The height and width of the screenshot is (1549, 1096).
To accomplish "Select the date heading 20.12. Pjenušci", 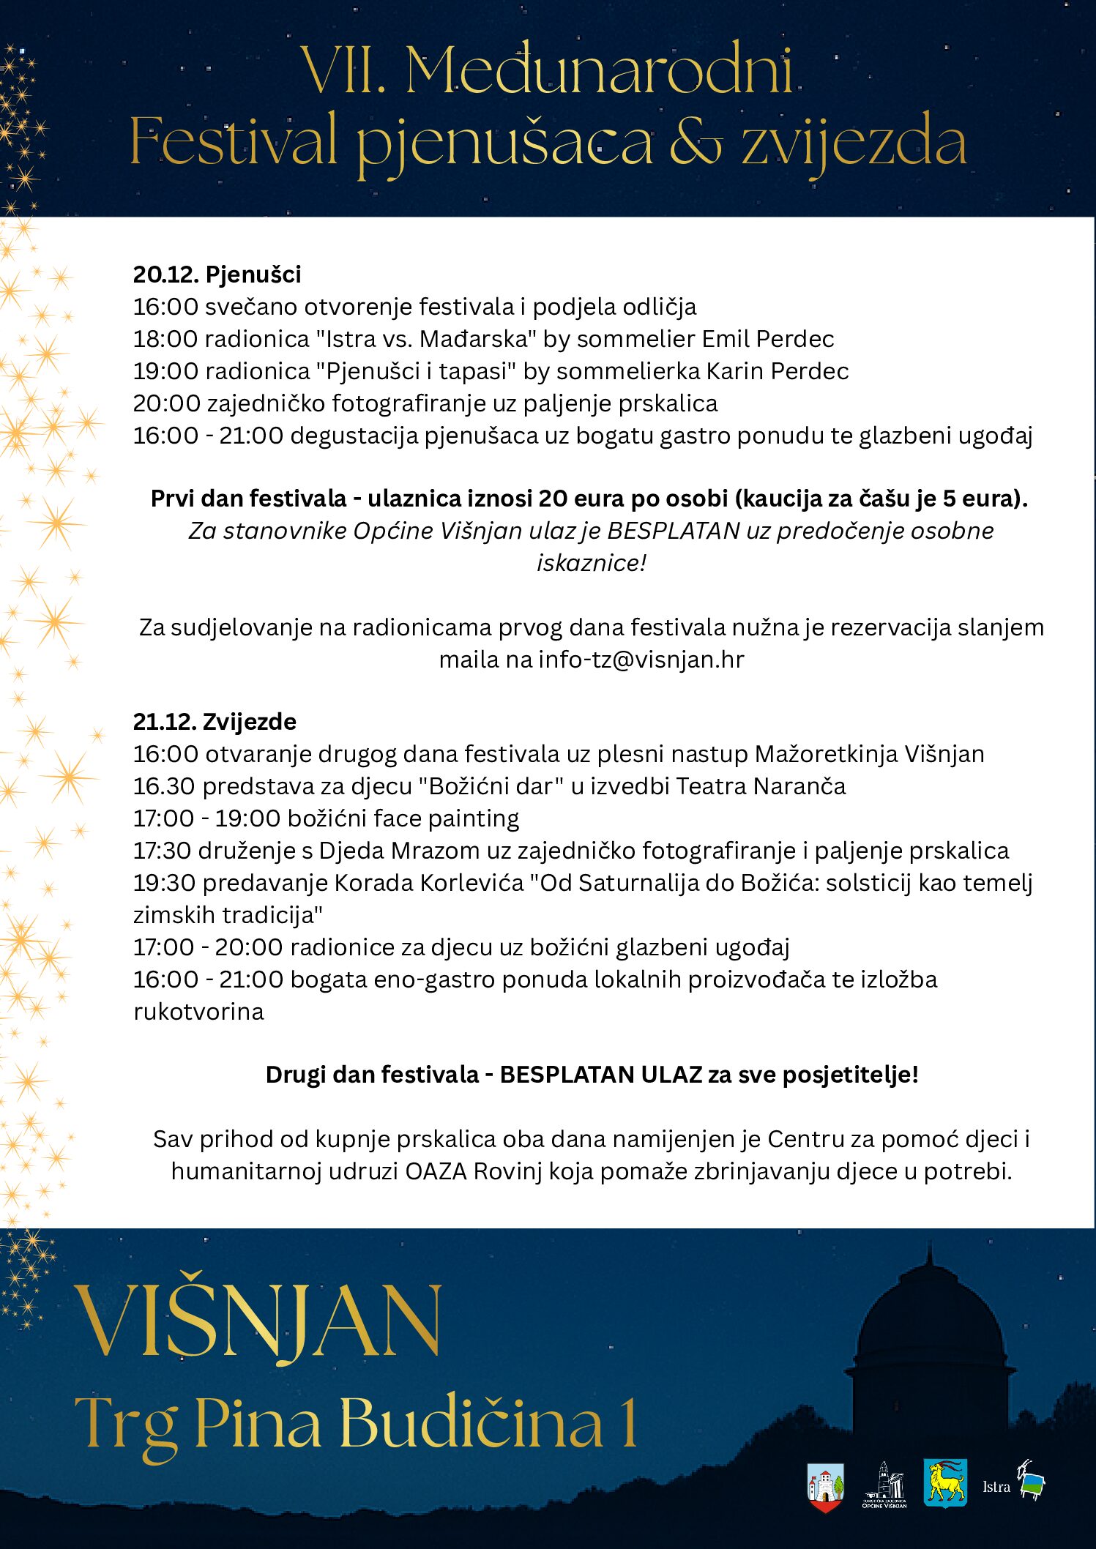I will [x=217, y=275].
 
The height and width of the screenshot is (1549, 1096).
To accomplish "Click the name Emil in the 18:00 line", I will [x=726, y=339].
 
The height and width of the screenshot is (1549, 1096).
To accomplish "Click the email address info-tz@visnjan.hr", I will [x=641, y=660].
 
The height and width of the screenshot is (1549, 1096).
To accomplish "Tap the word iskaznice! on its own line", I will [x=592, y=563].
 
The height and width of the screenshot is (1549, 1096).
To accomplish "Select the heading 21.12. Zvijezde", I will [x=215, y=722].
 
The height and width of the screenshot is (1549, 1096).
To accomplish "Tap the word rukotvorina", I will [x=198, y=1012].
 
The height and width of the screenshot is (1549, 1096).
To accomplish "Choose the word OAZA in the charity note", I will [x=436, y=1171].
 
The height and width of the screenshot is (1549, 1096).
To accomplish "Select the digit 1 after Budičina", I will [x=628, y=1423].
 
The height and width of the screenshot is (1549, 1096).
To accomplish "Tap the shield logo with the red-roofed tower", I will [x=825, y=1487].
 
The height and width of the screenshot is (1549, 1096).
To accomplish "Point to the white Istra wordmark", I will [x=996, y=1487].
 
